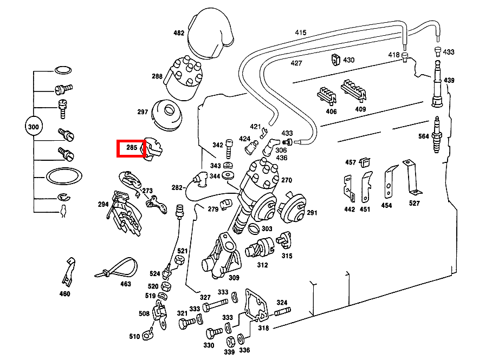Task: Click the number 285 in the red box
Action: [131, 147]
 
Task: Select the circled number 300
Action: [34, 128]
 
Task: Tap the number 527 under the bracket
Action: [414, 204]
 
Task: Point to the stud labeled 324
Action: [282, 312]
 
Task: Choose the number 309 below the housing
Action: [234, 278]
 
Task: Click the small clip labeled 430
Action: [335, 59]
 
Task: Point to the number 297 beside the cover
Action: [143, 112]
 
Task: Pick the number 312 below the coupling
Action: [262, 265]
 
